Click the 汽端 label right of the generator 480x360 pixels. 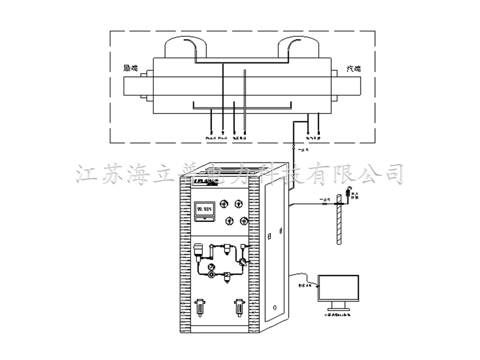click(x=353, y=69)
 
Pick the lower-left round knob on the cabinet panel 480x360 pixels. click(x=229, y=221)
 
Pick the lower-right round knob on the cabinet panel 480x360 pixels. click(x=244, y=221)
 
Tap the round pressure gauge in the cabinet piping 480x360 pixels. click(x=211, y=268)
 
